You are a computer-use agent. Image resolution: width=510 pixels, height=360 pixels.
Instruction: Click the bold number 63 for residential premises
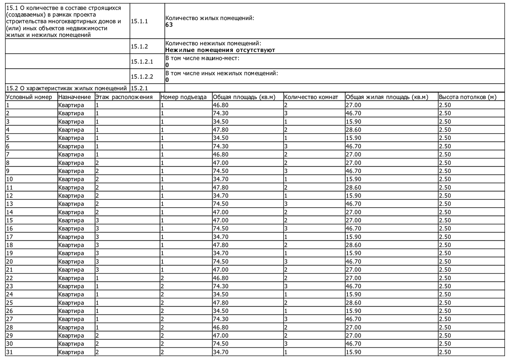pos(169,25)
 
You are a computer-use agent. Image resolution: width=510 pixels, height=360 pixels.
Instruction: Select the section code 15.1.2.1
pos(142,62)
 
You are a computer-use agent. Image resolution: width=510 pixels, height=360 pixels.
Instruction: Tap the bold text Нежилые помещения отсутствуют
pos(220,50)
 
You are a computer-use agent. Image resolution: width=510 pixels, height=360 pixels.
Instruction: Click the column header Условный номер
pos(29,97)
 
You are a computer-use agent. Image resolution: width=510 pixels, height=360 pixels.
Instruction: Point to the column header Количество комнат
pos(311,97)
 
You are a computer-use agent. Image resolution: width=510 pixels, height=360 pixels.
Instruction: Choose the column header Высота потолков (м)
pos(467,97)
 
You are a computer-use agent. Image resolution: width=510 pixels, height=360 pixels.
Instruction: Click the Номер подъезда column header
pos(183,97)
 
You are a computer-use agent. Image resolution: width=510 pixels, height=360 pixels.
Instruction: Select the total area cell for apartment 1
pos(221,105)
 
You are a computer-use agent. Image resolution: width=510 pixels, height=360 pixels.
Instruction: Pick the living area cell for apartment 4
pos(353,130)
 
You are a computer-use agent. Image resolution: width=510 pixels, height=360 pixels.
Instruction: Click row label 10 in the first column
pos(10,179)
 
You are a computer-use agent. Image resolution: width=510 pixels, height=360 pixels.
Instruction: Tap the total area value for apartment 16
pos(221,229)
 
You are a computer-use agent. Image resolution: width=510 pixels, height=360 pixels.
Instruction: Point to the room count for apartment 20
pos(286,262)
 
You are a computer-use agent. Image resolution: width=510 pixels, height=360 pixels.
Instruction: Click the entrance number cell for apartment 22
pos(162,278)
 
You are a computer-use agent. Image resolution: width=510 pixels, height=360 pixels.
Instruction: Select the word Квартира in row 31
pos(71,352)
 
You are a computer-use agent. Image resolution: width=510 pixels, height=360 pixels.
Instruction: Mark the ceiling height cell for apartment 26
pos(445,311)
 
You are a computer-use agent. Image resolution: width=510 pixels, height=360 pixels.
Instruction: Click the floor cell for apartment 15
pos(97,220)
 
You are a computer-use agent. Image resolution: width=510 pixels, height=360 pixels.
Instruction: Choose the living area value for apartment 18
pos(353,245)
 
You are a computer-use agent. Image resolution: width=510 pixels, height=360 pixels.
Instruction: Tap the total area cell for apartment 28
pos(221,327)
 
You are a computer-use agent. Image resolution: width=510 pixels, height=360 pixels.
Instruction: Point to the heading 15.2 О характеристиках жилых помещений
pos(67,88)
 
